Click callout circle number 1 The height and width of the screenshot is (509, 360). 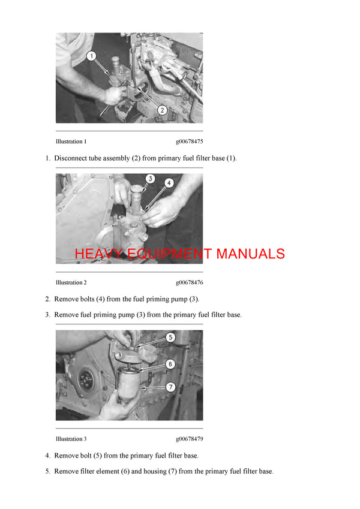click(x=91, y=56)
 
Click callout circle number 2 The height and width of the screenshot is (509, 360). click(x=161, y=110)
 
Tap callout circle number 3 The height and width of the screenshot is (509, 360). click(x=151, y=179)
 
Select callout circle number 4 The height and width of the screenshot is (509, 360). click(x=170, y=183)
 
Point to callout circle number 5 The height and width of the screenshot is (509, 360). click(x=170, y=338)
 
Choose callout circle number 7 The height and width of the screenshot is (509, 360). click(x=170, y=387)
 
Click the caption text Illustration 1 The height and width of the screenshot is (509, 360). click(x=71, y=142)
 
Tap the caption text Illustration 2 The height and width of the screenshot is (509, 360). click(x=71, y=282)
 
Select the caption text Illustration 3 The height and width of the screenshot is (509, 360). click(x=71, y=439)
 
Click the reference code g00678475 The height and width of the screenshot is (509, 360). click(x=189, y=142)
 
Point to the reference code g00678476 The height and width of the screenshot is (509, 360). click(x=189, y=282)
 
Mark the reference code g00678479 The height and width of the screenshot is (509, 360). click(x=189, y=439)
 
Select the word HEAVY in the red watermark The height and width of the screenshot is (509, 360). click(x=96, y=254)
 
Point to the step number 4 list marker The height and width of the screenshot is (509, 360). click(x=47, y=456)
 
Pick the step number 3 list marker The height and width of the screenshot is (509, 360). click(x=47, y=315)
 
